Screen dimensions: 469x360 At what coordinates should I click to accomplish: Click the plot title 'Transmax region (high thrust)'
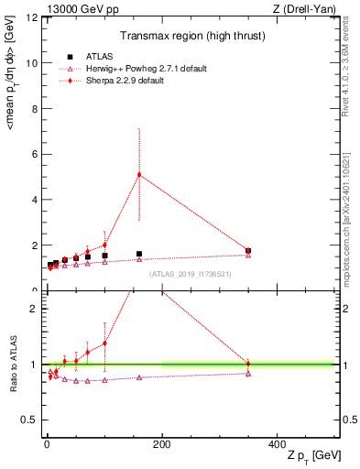[x=190, y=38]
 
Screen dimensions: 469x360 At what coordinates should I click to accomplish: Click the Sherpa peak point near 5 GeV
[x=139, y=174]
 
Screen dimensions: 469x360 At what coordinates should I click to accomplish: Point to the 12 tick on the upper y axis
[x=31, y=18]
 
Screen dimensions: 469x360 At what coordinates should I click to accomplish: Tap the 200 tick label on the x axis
[x=162, y=443]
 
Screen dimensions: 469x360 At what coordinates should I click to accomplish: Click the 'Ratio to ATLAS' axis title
[x=11, y=365]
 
